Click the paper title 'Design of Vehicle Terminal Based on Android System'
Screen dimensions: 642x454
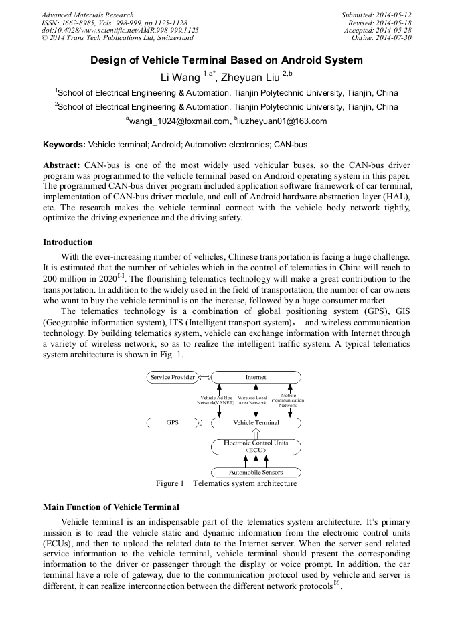tap(226, 60)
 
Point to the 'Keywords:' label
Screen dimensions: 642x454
tap(64, 144)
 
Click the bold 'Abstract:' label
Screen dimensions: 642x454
tap(62, 165)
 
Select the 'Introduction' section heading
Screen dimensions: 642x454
tap(68, 242)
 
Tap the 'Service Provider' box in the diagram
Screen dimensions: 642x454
tap(173, 378)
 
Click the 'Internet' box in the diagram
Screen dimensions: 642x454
tap(255, 378)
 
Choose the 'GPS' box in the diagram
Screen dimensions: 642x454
tap(172, 423)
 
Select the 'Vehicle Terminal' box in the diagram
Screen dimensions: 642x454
tap(255, 423)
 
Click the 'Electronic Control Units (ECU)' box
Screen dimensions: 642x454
tap(255, 447)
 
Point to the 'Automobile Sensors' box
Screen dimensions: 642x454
tap(255, 472)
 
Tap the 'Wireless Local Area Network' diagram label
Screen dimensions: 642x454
tap(252, 400)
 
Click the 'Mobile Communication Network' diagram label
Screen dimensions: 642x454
tap(287, 400)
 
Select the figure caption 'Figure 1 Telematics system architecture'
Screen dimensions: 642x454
tap(226, 483)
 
